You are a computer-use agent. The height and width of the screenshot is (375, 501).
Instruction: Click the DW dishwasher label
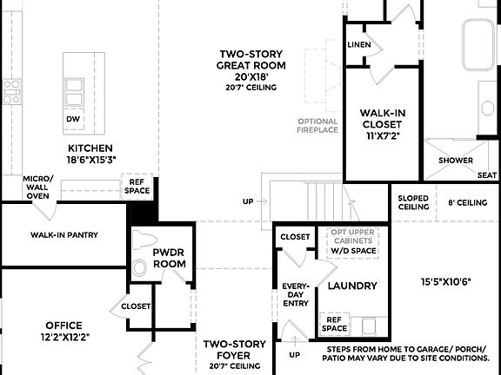[73, 119]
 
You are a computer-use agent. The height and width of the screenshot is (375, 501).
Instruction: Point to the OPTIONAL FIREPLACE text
[317, 127]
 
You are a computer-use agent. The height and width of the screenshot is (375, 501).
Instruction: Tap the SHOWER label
[456, 161]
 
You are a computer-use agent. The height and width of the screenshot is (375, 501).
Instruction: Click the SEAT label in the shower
[487, 174]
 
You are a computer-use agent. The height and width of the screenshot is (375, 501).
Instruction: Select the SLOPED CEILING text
[413, 202]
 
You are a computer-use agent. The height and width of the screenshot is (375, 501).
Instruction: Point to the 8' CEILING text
[466, 202]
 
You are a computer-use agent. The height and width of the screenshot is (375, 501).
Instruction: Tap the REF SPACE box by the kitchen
[137, 187]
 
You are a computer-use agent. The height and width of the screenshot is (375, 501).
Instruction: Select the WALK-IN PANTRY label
[63, 234]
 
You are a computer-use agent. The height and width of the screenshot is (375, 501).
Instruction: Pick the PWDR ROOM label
[170, 258]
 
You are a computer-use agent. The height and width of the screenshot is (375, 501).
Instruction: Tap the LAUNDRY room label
[351, 286]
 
